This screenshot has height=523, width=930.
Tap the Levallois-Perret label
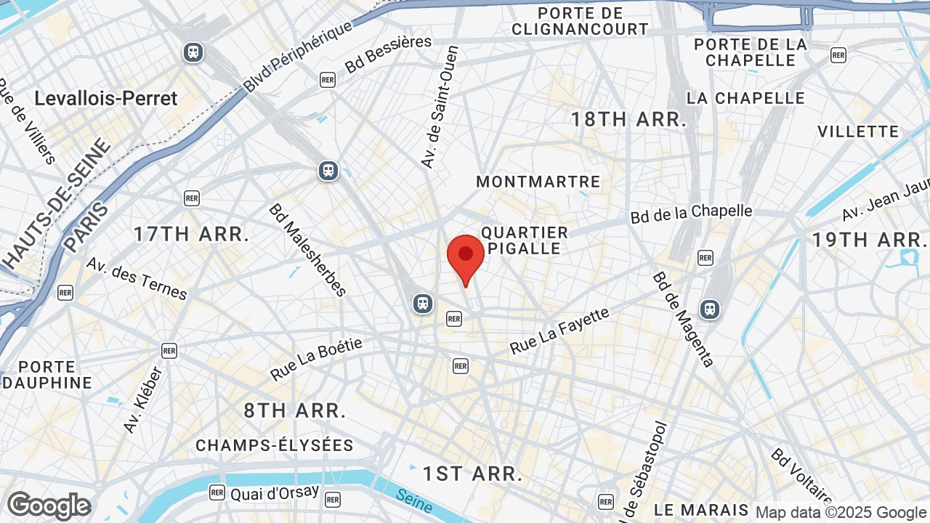click(x=106, y=99)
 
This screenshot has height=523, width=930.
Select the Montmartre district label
click(x=538, y=182)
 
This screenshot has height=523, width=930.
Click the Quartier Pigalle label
click(x=525, y=240)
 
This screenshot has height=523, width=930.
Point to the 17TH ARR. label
click(x=192, y=234)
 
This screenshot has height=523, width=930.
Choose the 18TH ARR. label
click(x=628, y=120)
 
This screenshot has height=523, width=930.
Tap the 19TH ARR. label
click(x=870, y=240)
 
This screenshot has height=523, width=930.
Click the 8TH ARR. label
click(x=295, y=410)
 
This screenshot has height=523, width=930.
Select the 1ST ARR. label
click(x=473, y=474)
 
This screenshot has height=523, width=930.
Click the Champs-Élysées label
click(x=275, y=445)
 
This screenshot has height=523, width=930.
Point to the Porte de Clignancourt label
click(x=580, y=21)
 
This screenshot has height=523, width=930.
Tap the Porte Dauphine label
click(x=46, y=375)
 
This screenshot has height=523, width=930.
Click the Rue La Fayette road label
click(x=559, y=331)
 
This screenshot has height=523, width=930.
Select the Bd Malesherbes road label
click(x=307, y=249)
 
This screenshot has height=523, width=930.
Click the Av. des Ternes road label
click(x=137, y=277)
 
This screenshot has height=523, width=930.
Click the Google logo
click(x=49, y=506)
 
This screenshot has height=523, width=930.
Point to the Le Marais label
click(x=701, y=510)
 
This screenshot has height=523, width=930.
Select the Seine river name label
click(x=415, y=500)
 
